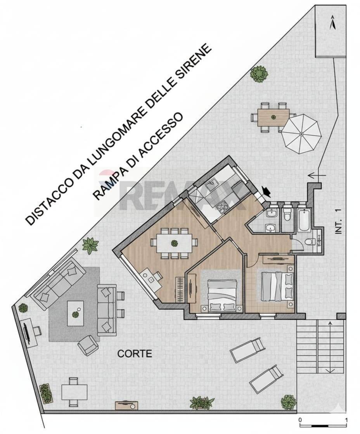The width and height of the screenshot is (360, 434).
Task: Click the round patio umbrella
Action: point(301,134)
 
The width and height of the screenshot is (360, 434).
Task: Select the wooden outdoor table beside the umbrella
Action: point(273,117)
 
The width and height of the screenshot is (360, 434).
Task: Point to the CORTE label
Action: point(134,354)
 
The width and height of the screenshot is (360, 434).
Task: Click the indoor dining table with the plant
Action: point(174,243)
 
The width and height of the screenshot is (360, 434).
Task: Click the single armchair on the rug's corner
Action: point(88,345)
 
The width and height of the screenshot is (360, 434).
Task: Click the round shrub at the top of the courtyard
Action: point(259,74)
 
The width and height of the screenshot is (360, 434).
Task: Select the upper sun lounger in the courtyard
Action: point(247,350)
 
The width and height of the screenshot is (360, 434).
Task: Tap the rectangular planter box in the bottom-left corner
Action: point(46,393)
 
